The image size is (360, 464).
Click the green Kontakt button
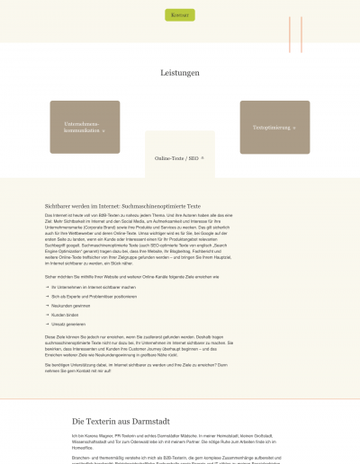pyautogui.click(x=180, y=14)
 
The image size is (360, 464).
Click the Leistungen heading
pyautogui.click(x=180, y=73)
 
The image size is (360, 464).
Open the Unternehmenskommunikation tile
pyautogui.click(x=85, y=127)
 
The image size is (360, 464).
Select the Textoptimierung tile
pyautogui.click(x=274, y=127)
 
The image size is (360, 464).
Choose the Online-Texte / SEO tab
pyautogui.click(x=180, y=158)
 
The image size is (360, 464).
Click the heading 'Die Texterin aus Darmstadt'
pyautogui.click(x=126, y=421)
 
